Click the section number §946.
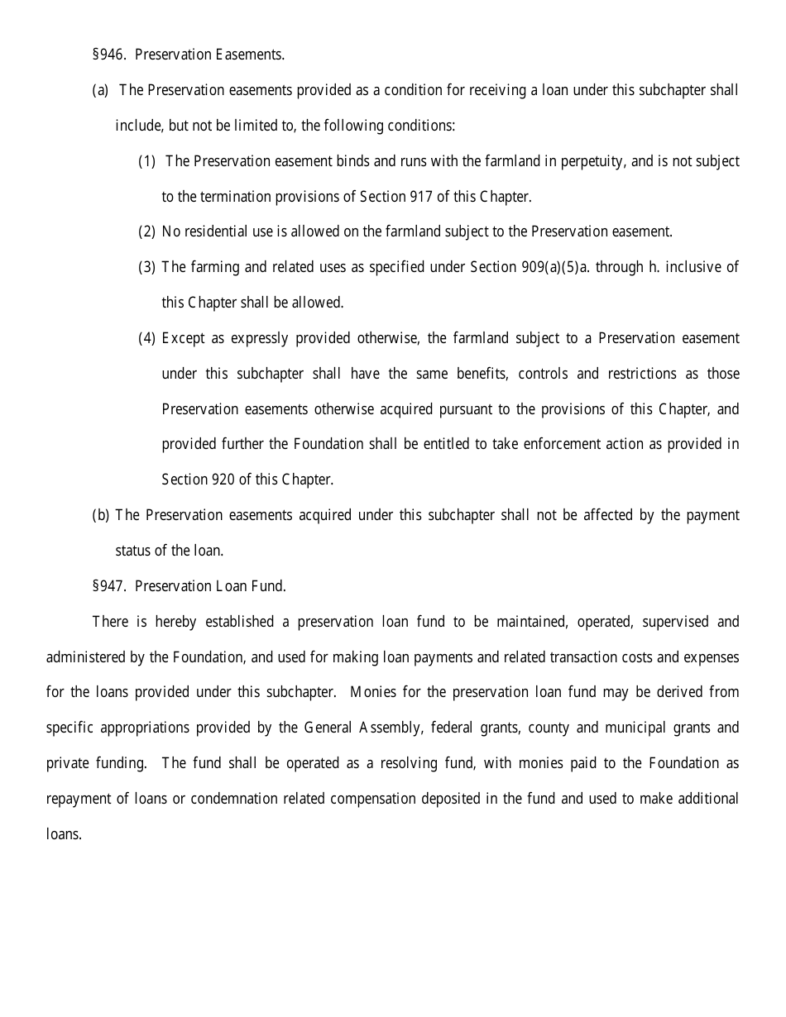(108, 55)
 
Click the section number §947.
(108, 586)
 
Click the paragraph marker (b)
(100, 515)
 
